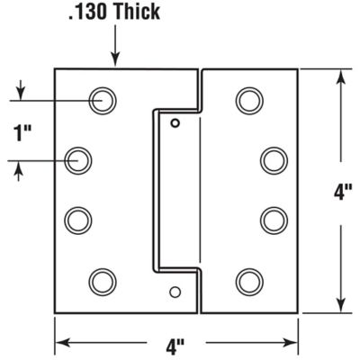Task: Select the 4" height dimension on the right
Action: (x=341, y=190)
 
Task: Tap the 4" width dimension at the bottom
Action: (x=176, y=343)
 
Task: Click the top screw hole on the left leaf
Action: (x=102, y=100)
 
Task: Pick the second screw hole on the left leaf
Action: (x=79, y=160)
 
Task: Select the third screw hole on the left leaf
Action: (x=79, y=220)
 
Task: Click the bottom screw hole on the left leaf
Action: (x=102, y=281)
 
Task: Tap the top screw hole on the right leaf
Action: (x=249, y=100)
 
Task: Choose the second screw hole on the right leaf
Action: (x=274, y=160)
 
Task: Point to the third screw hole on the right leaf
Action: (x=274, y=220)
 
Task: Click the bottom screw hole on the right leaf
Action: (x=249, y=281)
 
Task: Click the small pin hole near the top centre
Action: (x=176, y=122)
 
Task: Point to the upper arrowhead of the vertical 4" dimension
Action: (x=340, y=76)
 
